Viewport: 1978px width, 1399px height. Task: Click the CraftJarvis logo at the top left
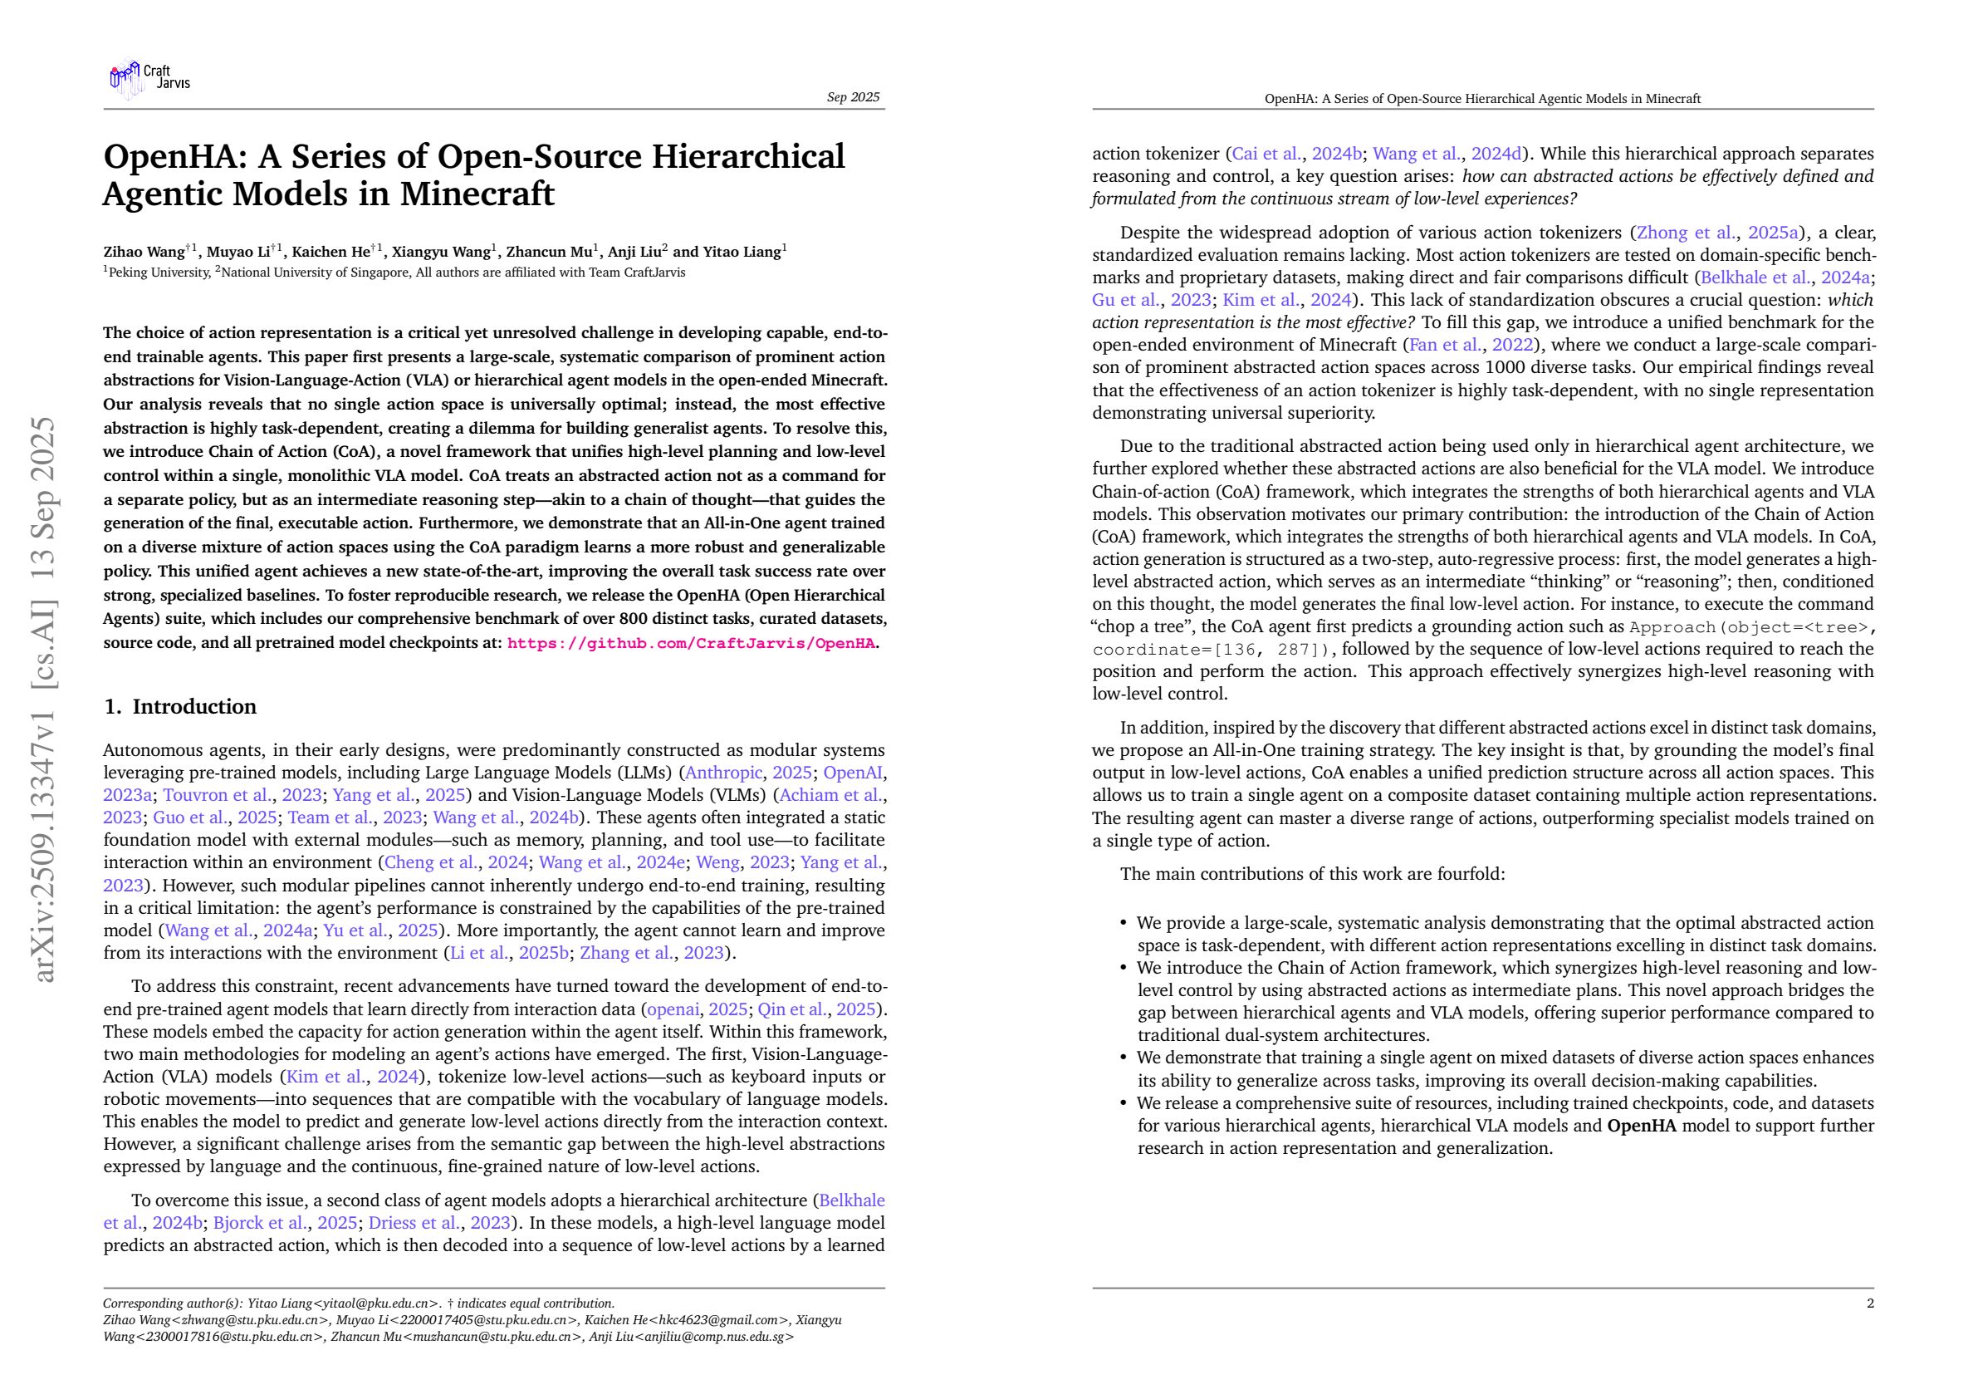pos(148,79)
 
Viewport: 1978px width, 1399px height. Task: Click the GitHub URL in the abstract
pos(691,643)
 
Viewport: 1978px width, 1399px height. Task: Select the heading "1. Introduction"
pos(180,707)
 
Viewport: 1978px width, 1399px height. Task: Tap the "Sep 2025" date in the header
pos(853,97)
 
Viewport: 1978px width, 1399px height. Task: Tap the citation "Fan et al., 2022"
pos(1471,346)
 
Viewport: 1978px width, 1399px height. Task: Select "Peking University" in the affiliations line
pos(159,273)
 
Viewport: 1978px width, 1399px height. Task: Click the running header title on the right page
pos(1481,99)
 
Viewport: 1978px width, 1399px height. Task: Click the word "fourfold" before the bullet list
pos(1470,874)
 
